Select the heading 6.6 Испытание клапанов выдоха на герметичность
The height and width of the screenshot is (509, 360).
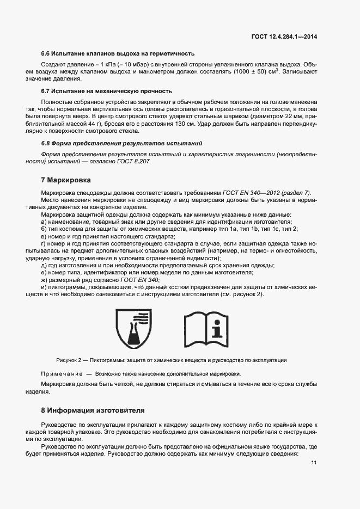click(x=118, y=53)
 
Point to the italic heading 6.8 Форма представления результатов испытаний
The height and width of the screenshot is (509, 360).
click(x=121, y=143)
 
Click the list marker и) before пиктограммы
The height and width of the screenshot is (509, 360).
click(x=44, y=286)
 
